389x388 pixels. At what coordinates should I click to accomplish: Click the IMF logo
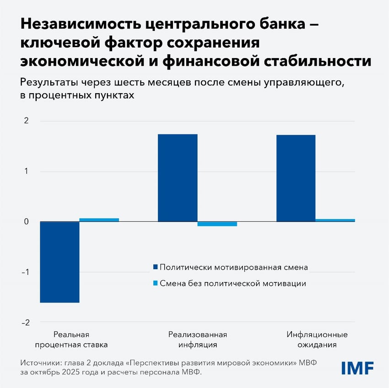(357, 367)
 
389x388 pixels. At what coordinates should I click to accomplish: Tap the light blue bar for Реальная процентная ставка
(99, 220)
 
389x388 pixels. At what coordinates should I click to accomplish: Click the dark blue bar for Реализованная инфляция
(178, 178)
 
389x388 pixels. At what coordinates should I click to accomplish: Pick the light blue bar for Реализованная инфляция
(217, 224)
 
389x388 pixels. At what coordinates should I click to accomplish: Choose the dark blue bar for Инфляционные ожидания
(296, 178)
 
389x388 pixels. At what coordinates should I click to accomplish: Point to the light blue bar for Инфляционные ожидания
(335, 220)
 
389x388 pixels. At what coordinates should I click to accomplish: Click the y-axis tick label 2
(26, 121)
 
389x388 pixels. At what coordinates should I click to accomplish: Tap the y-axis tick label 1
(26, 171)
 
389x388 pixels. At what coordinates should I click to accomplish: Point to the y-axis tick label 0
(26, 222)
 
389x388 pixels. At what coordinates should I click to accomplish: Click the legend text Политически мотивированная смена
(234, 267)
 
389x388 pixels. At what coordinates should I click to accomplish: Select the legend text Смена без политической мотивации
(233, 283)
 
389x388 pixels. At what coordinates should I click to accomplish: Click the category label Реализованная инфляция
(197, 340)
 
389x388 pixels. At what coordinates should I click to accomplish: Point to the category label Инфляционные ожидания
(317, 340)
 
